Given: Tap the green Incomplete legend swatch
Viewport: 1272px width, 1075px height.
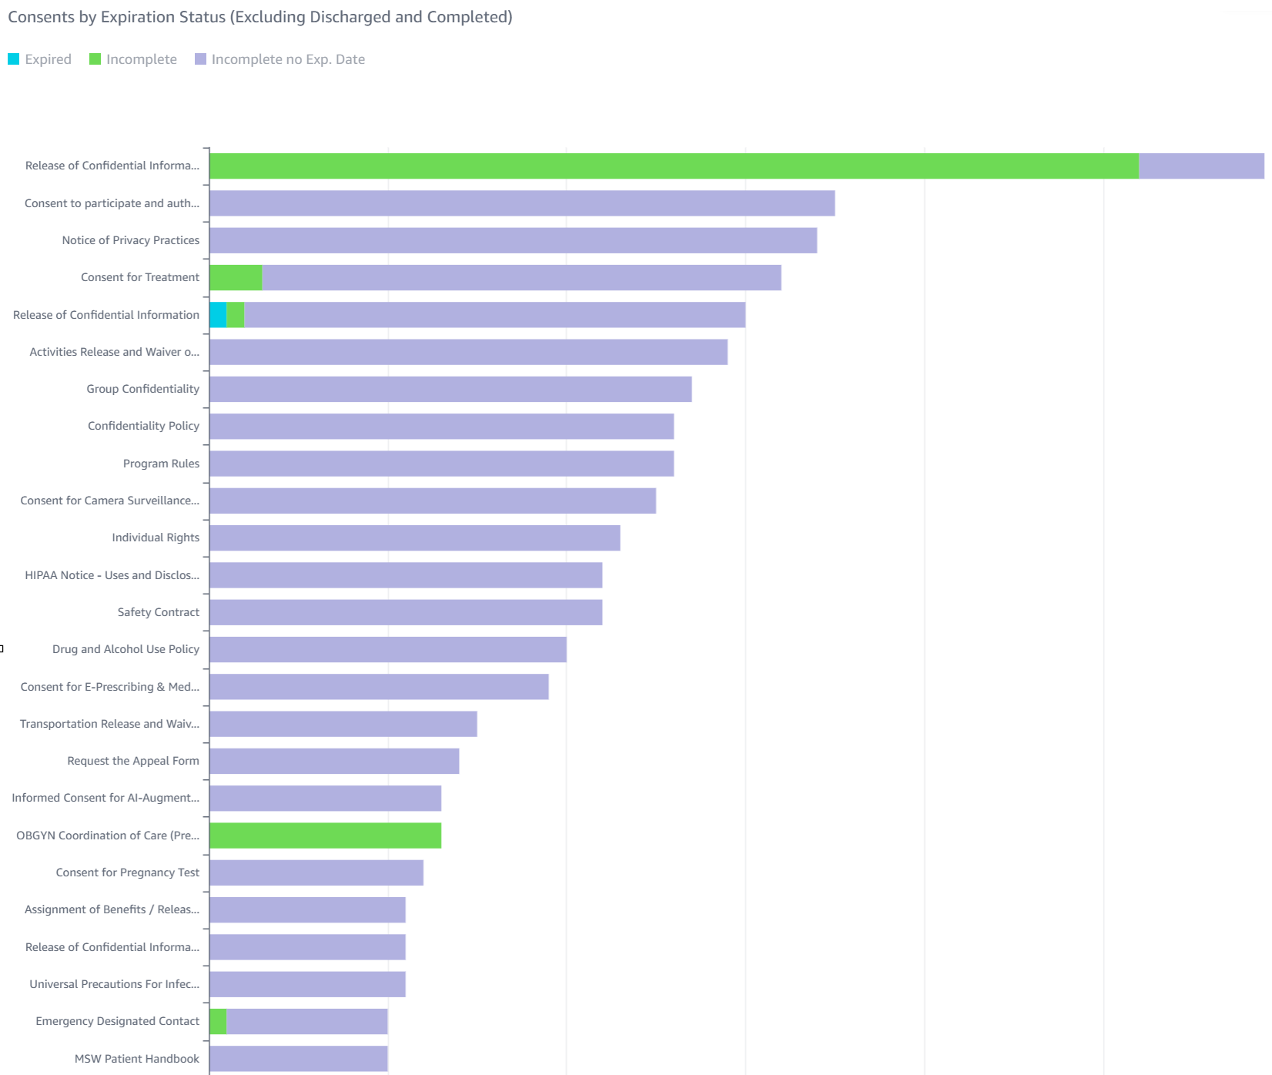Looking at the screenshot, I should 95,59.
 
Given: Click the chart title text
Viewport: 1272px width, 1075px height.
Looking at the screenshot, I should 260,17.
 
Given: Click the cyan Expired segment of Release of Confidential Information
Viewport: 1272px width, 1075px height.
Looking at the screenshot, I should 218,315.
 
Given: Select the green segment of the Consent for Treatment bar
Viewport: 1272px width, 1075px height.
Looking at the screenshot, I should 236,278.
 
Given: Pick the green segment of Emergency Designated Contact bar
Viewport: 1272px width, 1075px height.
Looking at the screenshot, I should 218,1022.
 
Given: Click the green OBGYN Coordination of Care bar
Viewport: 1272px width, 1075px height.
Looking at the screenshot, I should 325,836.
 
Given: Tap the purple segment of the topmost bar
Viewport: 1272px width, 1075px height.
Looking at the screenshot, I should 1201,166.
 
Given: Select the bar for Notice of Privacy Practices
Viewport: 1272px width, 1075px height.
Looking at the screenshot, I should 513,240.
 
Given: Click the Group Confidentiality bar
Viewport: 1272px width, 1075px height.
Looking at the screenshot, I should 450,389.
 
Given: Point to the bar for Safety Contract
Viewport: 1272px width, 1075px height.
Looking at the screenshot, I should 406,612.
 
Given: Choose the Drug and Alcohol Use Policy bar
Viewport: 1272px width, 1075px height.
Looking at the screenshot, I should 388,649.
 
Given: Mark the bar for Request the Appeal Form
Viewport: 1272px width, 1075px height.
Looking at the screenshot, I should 334,761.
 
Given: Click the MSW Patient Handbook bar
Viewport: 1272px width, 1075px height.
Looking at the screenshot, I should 299,1059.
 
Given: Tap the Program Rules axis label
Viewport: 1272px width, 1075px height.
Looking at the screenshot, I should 161,464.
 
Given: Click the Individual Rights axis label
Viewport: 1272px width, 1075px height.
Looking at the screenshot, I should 156,537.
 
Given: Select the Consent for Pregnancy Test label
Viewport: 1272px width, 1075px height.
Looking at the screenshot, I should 127,872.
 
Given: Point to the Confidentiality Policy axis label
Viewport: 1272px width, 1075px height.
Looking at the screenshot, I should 143,426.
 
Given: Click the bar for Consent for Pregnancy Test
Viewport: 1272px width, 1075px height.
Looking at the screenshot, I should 316,872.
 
